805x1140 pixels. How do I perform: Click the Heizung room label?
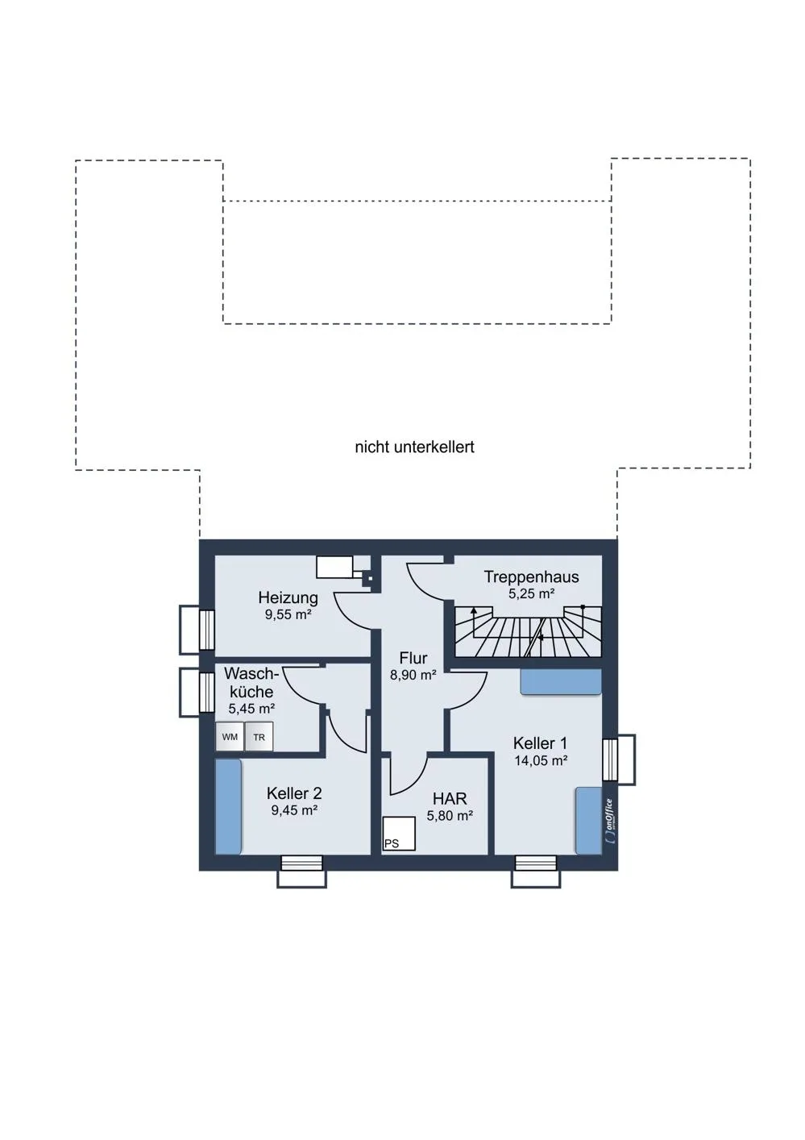288,597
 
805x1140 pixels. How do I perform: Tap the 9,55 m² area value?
288,614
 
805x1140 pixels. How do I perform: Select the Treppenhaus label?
531,576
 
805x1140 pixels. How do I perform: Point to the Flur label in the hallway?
413,658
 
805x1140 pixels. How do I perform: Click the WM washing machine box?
230,736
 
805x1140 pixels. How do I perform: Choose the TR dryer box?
259,736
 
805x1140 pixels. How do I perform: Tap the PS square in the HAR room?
399,834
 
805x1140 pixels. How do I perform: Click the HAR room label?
450,798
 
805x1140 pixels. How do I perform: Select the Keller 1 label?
540,743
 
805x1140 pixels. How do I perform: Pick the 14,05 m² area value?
541,760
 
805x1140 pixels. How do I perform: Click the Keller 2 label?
294,793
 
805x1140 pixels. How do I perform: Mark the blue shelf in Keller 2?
228,807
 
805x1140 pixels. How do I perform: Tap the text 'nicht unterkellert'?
414,447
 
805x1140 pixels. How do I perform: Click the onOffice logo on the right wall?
610,821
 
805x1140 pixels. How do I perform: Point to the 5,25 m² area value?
531,593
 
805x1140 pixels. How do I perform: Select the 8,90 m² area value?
413,675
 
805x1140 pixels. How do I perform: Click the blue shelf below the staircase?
560,681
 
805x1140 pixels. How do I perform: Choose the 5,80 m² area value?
450,816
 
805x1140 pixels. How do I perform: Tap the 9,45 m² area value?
294,810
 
